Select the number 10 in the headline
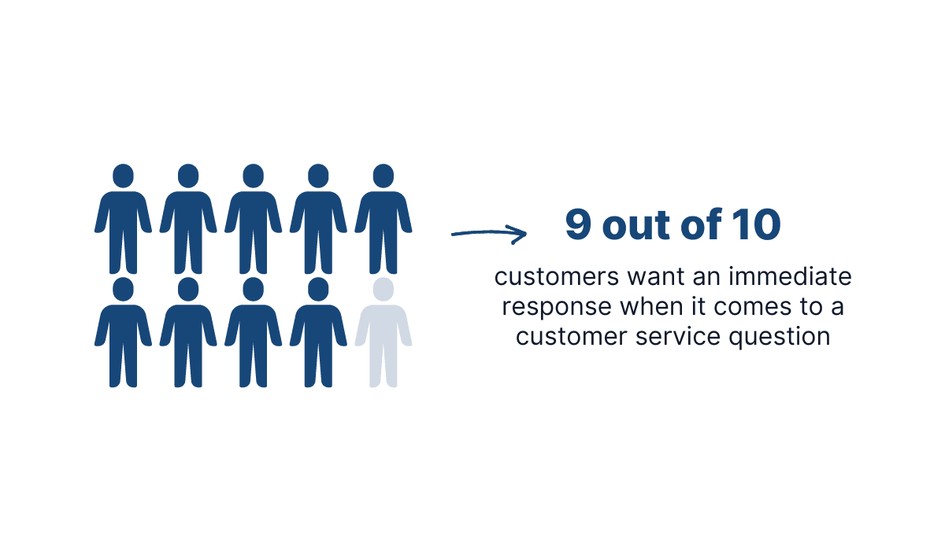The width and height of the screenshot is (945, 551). coord(756,225)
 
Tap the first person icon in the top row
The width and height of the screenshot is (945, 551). coord(123,220)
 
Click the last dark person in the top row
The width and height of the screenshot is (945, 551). coord(384,220)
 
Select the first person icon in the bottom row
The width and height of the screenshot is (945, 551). coord(123,335)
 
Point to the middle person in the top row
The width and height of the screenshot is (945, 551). coord(253,220)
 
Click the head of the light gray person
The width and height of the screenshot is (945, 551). coord(384,288)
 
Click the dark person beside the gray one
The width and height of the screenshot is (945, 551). coord(318,335)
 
